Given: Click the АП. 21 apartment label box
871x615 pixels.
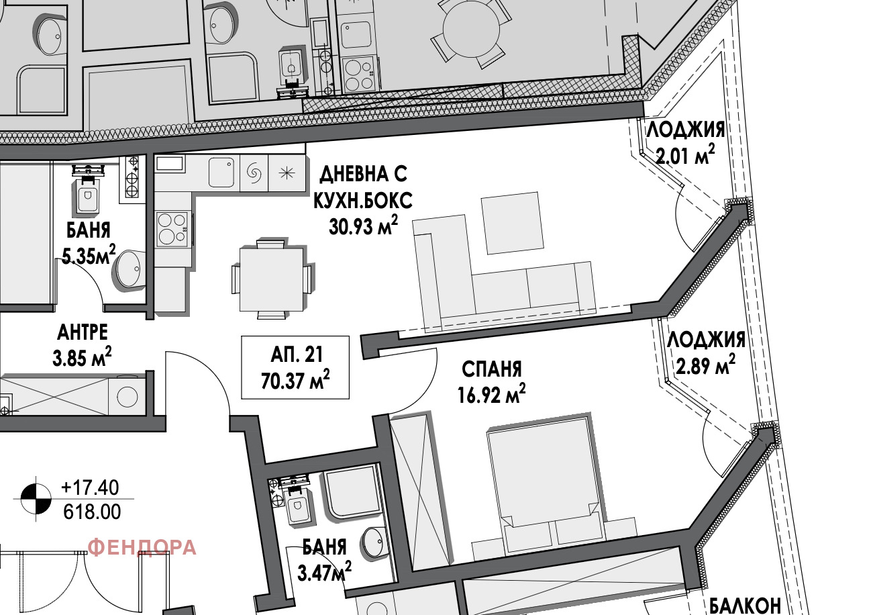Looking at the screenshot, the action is (295, 367).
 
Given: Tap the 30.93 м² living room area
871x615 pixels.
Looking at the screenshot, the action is (364, 227).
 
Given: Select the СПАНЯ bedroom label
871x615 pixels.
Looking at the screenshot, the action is (491, 369).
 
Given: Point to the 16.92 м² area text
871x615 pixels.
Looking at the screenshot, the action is (491, 394).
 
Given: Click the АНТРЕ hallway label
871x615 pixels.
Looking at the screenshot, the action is (83, 332).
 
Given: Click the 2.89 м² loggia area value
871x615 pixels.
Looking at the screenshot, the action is (706, 365).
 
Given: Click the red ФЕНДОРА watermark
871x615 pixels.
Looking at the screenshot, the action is (142, 548).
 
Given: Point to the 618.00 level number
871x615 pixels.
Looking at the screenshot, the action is (92, 512).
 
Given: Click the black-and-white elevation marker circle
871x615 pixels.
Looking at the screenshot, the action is (36, 499).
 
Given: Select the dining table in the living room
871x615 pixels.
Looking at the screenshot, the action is (271, 279).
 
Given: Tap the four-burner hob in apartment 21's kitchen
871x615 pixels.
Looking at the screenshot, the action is (173, 229).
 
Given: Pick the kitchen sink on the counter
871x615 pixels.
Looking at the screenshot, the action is (221, 173).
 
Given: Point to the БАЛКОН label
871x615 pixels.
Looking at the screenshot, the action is (745, 606).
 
